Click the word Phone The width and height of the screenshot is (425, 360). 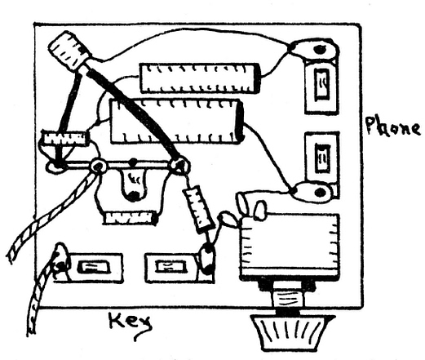(x=392, y=127)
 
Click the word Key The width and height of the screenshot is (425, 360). (x=131, y=323)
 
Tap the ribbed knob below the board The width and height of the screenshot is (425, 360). (x=292, y=330)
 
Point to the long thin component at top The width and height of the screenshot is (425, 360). (x=198, y=78)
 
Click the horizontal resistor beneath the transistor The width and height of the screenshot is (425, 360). (x=130, y=218)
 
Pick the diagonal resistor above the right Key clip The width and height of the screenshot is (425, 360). (x=198, y=209)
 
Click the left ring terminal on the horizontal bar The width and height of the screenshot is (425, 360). (x=98, y=167)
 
